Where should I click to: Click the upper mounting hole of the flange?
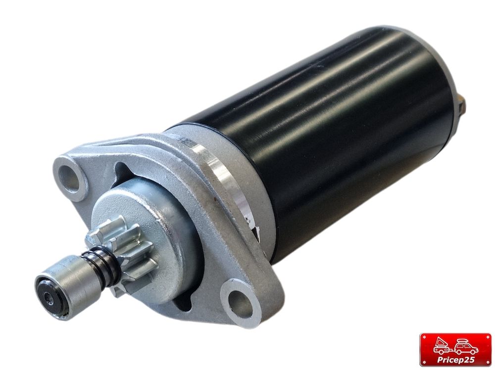70,179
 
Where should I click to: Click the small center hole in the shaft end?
48,296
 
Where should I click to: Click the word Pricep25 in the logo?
455,360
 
